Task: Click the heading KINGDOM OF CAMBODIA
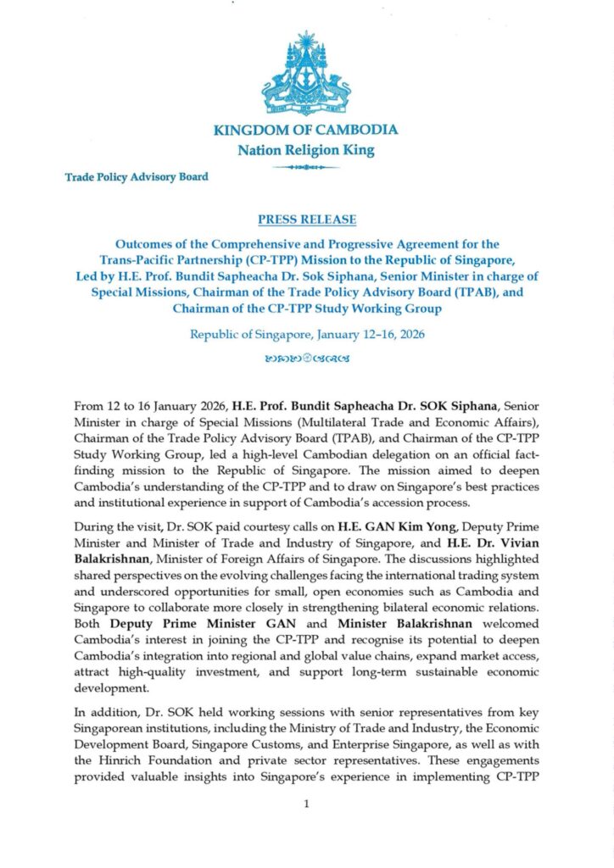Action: [306, 131]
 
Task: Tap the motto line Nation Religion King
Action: [306, 151]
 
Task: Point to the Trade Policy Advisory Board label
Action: [137, 177]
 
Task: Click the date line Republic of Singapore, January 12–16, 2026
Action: [306, 334]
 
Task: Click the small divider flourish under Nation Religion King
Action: [306, 168]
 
